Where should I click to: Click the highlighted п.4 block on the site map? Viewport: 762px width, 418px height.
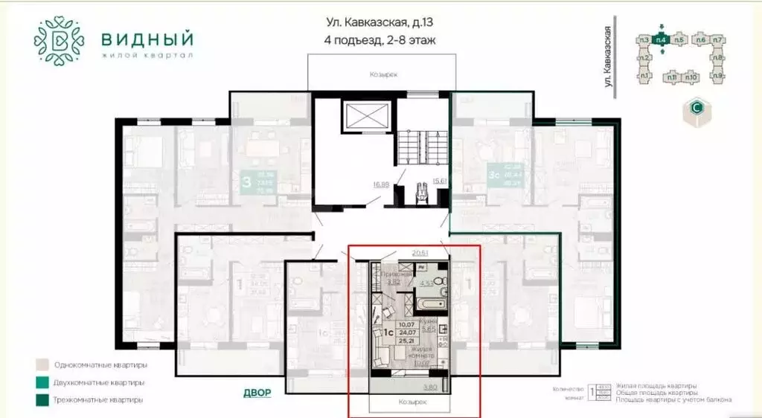click(x=659, y=39)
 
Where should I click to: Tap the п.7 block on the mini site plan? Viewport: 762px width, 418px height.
click(x=717, y=39)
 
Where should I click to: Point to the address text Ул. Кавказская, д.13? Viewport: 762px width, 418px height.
click(x=380, y=22)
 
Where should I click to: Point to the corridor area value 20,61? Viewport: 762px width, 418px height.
click(x=420, y=252)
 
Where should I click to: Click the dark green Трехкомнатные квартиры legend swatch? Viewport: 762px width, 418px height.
click(x=43, y=400)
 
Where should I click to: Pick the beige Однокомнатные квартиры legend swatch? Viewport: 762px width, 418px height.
click(x=43, y=365)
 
